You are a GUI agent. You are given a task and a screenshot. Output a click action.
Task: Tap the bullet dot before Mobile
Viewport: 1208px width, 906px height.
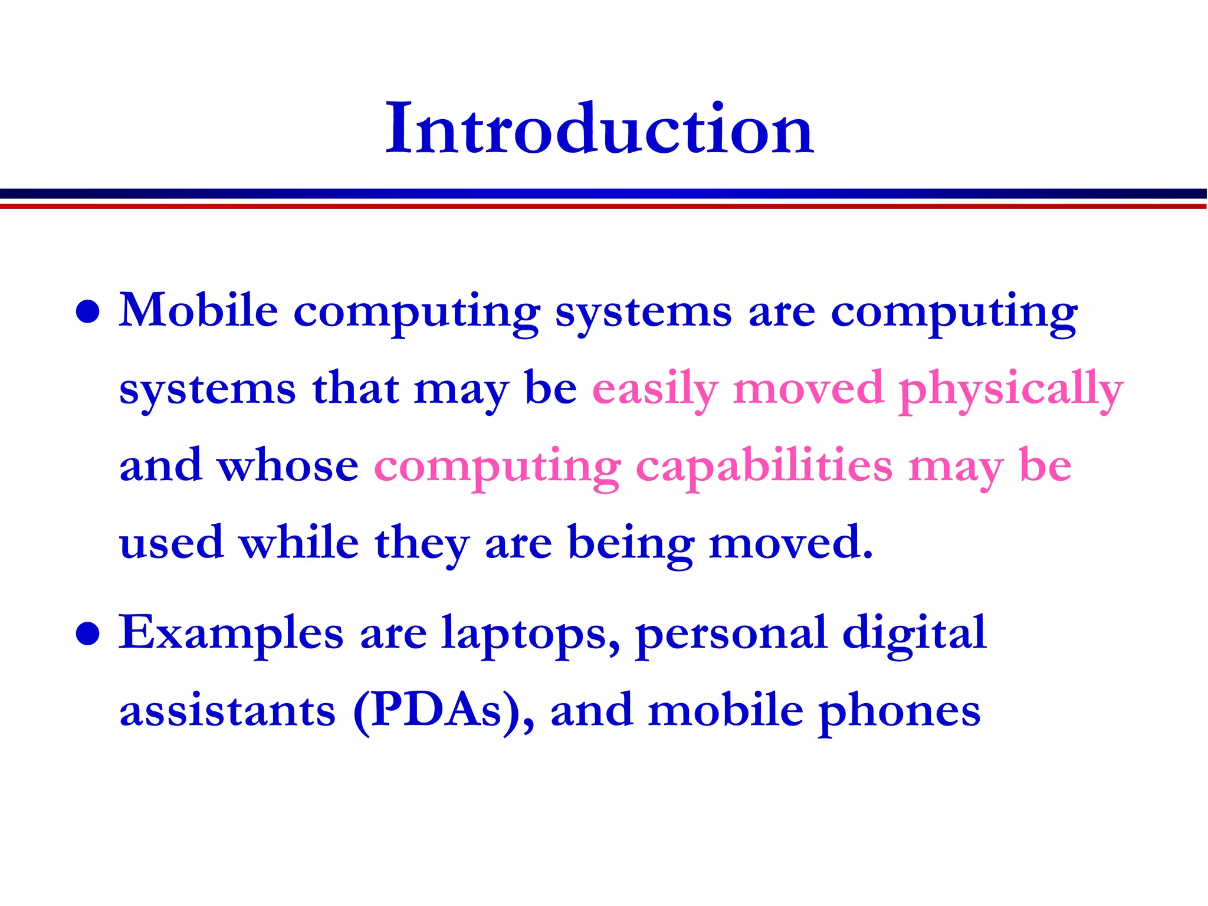pos(88,312)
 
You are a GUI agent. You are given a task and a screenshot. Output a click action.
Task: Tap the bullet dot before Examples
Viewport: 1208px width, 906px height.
pos(88,634)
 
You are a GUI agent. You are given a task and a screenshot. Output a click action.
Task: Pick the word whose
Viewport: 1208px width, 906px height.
pos(288,466)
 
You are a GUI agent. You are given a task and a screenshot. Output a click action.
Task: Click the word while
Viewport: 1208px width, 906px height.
pos(299,543)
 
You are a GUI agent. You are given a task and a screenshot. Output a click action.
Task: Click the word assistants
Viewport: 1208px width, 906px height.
pos(228,711)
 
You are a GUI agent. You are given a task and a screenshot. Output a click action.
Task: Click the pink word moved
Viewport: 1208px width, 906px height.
pos(808,389)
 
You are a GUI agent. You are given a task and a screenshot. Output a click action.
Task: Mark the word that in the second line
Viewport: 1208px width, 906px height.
pos(356,389)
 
